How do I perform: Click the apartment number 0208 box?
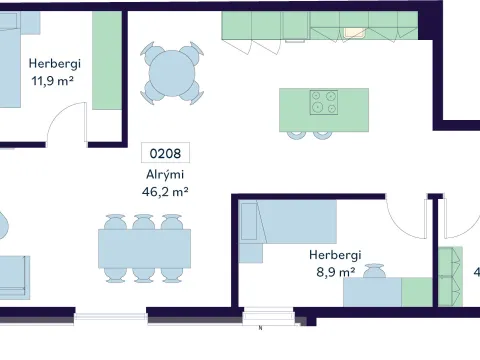165,153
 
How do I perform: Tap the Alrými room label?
165,174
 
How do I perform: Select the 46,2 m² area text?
165,192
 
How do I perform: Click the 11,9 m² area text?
52,81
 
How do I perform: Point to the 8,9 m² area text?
335,272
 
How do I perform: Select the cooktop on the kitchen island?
324,102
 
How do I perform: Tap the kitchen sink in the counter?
355,33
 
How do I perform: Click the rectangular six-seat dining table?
144,248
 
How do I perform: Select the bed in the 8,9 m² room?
288,222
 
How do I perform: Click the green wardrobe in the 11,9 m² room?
107,61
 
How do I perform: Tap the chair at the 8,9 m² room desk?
374,271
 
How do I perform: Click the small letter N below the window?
260,328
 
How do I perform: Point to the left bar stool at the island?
297,135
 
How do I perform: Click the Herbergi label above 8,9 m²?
335,255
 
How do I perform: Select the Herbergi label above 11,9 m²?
55,63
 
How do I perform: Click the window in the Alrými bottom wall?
111,317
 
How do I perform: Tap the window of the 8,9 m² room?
268,316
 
